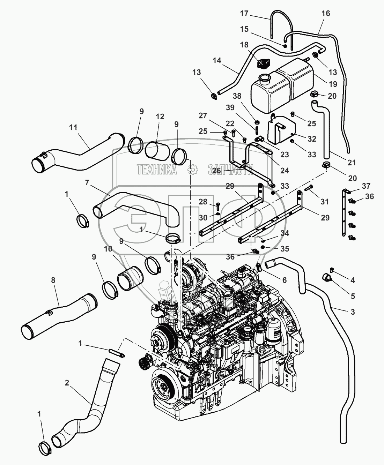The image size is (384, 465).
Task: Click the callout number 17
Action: [244, 14]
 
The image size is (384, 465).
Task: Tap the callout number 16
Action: [326, 13]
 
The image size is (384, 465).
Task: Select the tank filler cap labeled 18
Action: [263, 64]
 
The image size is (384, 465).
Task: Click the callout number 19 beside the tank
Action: [333, 84]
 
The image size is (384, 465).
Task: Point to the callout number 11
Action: [73, 128]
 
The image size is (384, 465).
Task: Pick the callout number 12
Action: [160, 117]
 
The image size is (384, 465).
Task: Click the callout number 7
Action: [87, 183]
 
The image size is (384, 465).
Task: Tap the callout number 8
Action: [53, 280]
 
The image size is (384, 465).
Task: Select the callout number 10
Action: [108, 249]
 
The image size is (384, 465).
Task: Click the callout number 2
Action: [67, 383]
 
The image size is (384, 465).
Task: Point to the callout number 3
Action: [353, 312]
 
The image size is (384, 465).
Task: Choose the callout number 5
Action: [353, 296]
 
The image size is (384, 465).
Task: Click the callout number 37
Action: [366, 186]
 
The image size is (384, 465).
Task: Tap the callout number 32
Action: [312, 139]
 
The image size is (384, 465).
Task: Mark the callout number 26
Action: [217, 171]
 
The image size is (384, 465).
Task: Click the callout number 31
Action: [325, 202]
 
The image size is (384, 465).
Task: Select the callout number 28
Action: [203, 202]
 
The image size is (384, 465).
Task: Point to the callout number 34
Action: [285, 233]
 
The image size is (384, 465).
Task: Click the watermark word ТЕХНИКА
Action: [157, 170]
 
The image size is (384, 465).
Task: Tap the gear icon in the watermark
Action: [193, 170]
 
